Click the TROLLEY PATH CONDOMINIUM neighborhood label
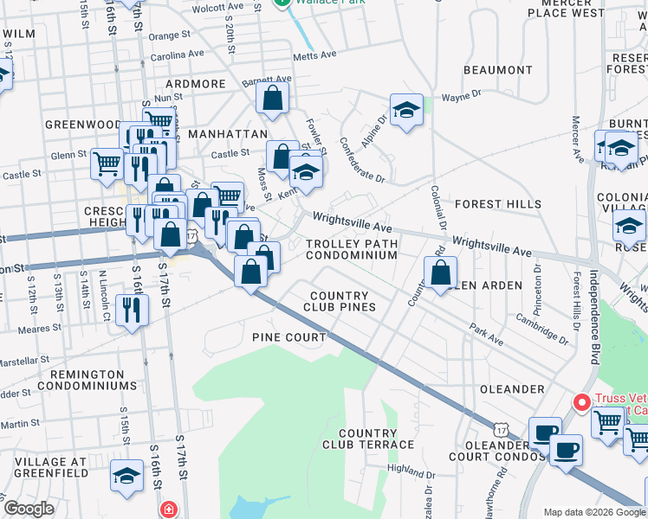[352, 250]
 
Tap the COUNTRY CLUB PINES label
[343, 301]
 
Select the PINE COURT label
[288, 336]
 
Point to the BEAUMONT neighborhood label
[497, 69]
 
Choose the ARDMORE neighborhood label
[197, 84]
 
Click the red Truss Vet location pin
[581, 402]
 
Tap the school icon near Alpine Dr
[406, 110]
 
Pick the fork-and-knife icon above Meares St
[131, 310]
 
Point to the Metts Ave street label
[314, 55]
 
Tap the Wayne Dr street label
[461, 97]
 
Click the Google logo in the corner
[29, 509]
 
